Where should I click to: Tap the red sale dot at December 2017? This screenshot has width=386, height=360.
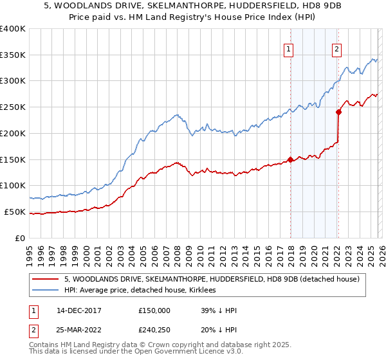(x=290, y=159)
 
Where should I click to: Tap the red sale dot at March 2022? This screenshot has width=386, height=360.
(x=338, y=112)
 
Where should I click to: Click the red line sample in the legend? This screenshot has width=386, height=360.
(x=46, y=279)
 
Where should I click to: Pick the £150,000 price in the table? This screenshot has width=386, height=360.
(x=154, y=310)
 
